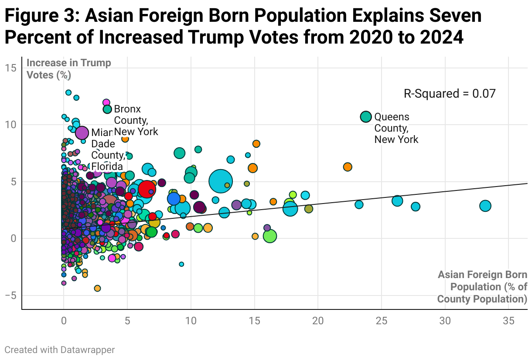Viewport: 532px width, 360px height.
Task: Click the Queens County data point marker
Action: tap(366, 117)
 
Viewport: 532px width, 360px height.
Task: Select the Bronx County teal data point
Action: tap(107, 109)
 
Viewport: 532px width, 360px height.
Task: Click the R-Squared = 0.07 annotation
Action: tap(450, 94)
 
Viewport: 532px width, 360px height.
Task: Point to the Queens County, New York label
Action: tap(396, 128)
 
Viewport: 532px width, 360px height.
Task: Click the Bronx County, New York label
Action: tap(135, 120)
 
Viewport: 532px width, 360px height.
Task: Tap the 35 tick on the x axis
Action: tap(508, 320)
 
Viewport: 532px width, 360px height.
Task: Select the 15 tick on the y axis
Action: tap(11, 68)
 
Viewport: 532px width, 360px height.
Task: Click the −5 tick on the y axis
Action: tap(10, 295)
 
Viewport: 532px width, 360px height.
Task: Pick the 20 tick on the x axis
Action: tap(318, 320)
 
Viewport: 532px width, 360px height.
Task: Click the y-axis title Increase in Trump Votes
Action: tap(69, 68)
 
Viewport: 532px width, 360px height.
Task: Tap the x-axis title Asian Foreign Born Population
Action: tap(482, 287)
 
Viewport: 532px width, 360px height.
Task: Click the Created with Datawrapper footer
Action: tap(60, 350)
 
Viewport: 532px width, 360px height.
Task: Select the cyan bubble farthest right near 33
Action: tap(485, 206)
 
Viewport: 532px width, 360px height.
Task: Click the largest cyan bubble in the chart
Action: tap(221, 181)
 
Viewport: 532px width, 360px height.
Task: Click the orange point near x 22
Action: tap(348, 167)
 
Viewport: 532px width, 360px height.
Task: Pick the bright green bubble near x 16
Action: tap(270, 236)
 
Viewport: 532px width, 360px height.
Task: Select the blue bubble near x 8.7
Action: tap(174, 198)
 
